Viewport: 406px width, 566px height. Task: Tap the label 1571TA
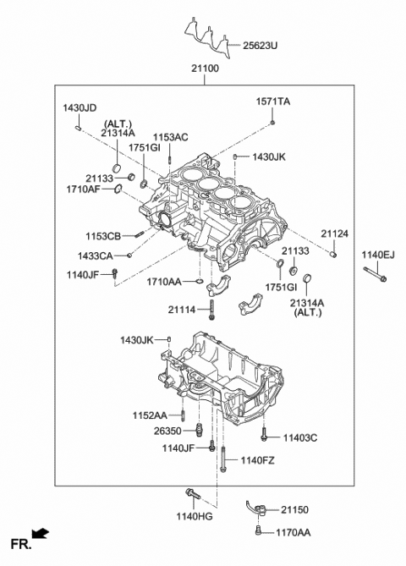pos(272,102)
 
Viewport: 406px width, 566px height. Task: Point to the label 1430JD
pos(80,108)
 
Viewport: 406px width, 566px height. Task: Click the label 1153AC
pos(170,137)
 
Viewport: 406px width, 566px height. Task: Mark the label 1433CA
pos(97,255)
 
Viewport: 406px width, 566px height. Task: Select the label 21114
pos(182,310)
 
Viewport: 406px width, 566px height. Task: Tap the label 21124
pos(334,234)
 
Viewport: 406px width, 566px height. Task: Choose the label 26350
pos(168,430)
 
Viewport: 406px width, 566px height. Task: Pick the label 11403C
pos(300,437)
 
